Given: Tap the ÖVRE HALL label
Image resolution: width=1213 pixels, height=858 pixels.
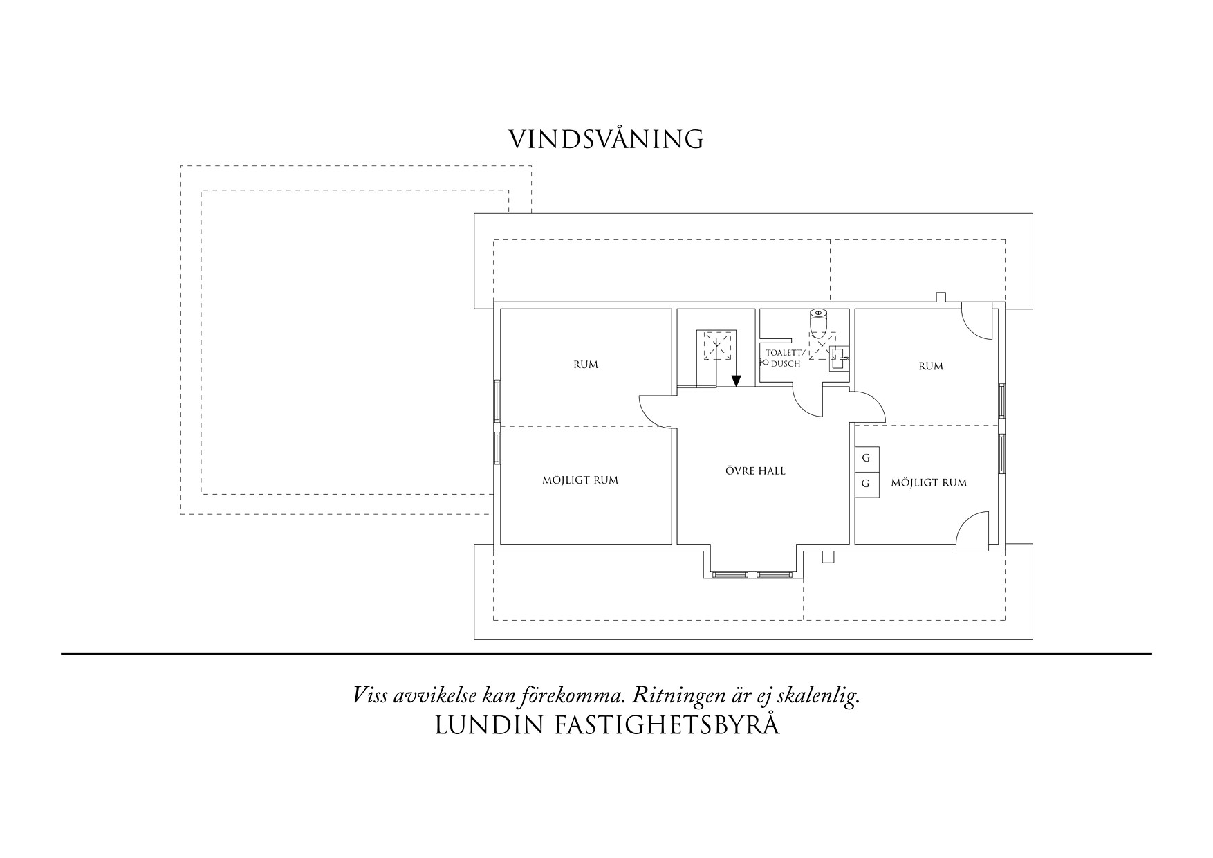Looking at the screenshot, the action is point(755,471).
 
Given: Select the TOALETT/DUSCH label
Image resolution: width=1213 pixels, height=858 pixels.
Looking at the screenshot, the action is point(783,358).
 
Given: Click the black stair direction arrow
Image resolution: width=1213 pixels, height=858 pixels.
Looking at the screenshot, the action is point(737,381).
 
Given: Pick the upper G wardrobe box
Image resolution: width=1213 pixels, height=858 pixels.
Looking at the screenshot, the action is point(866,458).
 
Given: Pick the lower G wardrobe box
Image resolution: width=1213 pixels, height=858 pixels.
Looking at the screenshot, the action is point(866,484).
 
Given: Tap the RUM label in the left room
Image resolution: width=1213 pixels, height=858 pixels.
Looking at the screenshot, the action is point(586,365).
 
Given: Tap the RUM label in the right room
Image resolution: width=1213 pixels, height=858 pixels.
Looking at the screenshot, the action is point(931,366).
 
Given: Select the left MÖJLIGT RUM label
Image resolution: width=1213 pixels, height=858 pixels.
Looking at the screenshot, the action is point(580,480).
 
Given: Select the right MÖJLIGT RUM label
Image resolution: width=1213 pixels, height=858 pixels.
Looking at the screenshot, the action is point(929,482).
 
